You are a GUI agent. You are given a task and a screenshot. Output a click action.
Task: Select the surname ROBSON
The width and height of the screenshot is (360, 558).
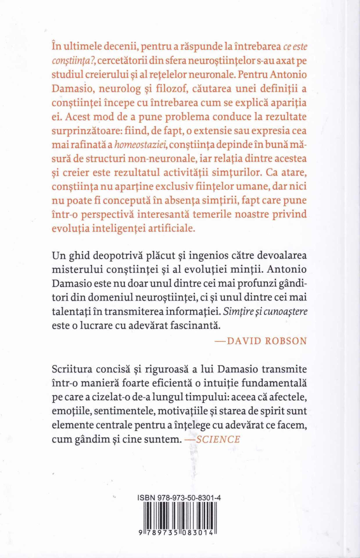pos(286,341)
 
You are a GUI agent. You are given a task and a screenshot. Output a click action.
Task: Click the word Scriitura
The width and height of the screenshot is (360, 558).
pos(72,369)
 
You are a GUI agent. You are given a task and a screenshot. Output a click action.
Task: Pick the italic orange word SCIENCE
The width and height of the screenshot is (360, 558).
pos(218,439)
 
